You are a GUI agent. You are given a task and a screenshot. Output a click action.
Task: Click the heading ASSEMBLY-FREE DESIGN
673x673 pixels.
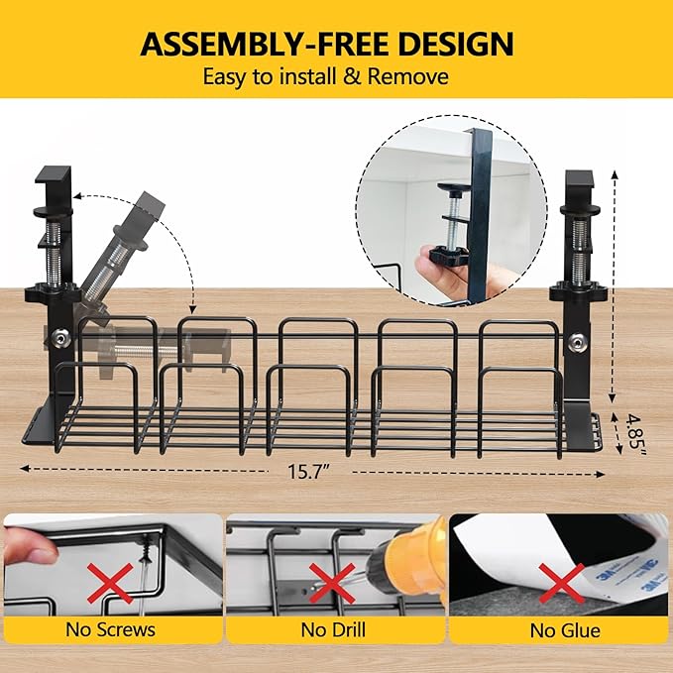point(326,44)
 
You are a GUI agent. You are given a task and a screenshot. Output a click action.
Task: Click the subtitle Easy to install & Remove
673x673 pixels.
point(326,76)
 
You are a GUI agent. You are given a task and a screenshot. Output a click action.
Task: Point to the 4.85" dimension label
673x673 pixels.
point(633,433)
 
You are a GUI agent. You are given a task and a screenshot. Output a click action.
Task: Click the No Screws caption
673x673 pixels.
point(110,629)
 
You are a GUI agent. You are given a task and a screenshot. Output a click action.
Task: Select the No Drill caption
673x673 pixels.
point(335,629)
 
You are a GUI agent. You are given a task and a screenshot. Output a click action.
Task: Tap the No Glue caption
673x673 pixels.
point(560,629)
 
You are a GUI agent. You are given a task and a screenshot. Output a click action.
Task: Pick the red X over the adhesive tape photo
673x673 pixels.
point(561,579)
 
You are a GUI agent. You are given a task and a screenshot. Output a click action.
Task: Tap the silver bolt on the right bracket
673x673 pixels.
point(573,343)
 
